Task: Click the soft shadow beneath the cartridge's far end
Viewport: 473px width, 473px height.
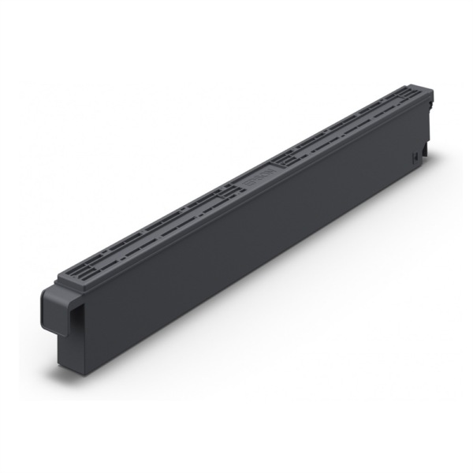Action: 430,177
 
